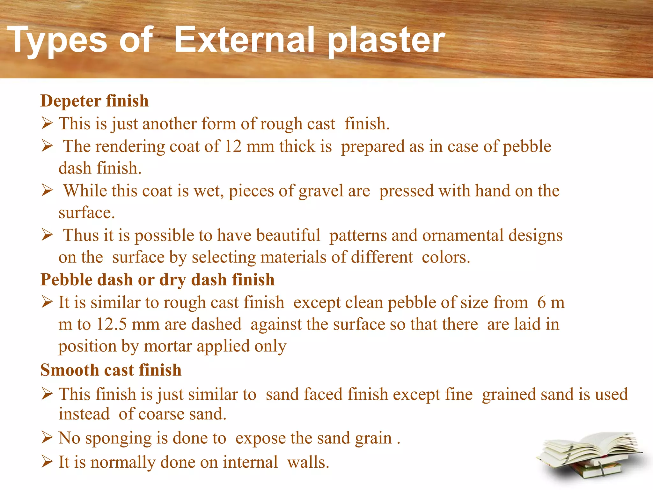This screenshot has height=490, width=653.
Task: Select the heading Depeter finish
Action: [x=94, y=101]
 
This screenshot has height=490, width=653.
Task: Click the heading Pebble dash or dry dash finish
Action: [x=158, y=280]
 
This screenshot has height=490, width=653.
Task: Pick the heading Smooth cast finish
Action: [x=111, y=370]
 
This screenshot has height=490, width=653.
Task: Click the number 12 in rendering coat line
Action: [x=233, y=146]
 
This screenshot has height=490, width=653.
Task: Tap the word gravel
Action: [x=321, y=191]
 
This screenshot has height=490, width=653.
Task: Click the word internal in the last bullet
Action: [x=250, y=462]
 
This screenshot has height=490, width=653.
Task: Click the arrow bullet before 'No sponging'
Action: [x=47, y=438]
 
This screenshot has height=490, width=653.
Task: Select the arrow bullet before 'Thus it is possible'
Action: [x=47, y=235]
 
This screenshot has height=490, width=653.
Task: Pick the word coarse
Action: [x=161, y=414]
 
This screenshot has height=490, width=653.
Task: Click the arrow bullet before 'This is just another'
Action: [x=47, y=123]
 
